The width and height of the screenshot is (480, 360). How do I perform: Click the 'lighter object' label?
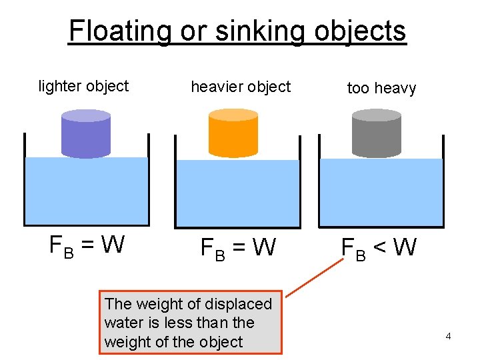[x=83, y=86]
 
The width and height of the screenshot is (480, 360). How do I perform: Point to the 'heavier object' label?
[x=241, y=87]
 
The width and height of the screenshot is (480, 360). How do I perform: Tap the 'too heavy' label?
[x=381, y=88]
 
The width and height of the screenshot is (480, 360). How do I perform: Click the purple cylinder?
[x=85, y=137]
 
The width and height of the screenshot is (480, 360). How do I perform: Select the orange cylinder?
[x=233, y=137]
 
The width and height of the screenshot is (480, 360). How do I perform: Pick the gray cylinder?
[x=376, y=137]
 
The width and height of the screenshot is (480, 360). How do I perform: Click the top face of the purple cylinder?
[x=85, y=116]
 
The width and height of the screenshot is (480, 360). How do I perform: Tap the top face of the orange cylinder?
[x=233, y=115]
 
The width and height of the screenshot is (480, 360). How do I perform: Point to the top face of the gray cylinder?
[x=376, y=115]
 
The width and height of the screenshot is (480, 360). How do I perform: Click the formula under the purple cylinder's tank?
[x=87, y=246]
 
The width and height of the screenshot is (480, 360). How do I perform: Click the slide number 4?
[x=448, y=336]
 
